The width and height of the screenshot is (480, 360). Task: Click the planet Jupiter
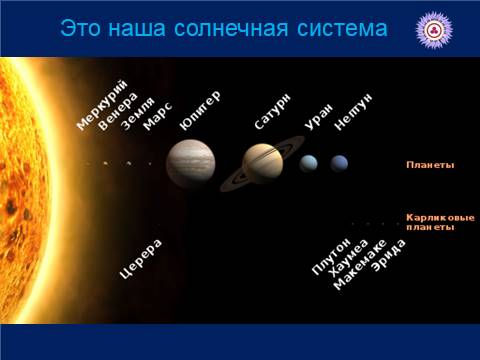click(190, 163)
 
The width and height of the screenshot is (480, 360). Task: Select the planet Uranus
click(309, 163)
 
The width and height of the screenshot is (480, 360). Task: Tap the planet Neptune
click(340, 163)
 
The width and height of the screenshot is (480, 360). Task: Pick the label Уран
click(317, 120)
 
